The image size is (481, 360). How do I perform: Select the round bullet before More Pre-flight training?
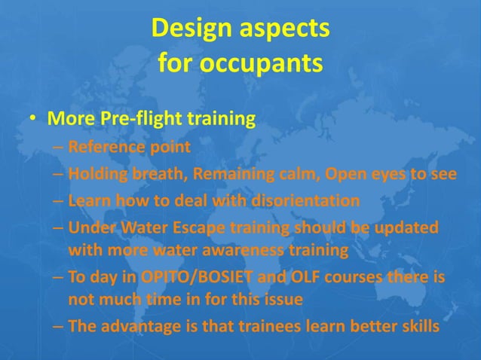click(33, 121)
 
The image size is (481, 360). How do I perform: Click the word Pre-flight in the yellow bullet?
click(135, 120)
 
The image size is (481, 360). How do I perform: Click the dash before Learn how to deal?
click(57, 202)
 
